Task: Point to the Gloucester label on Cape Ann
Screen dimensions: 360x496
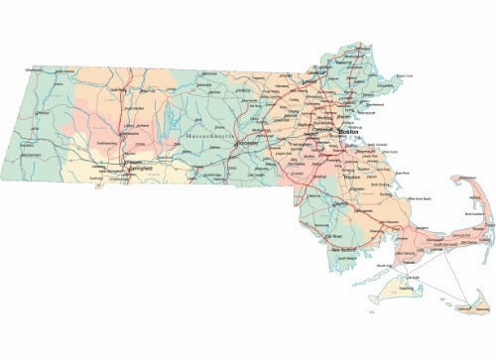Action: (x=405, y=76)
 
